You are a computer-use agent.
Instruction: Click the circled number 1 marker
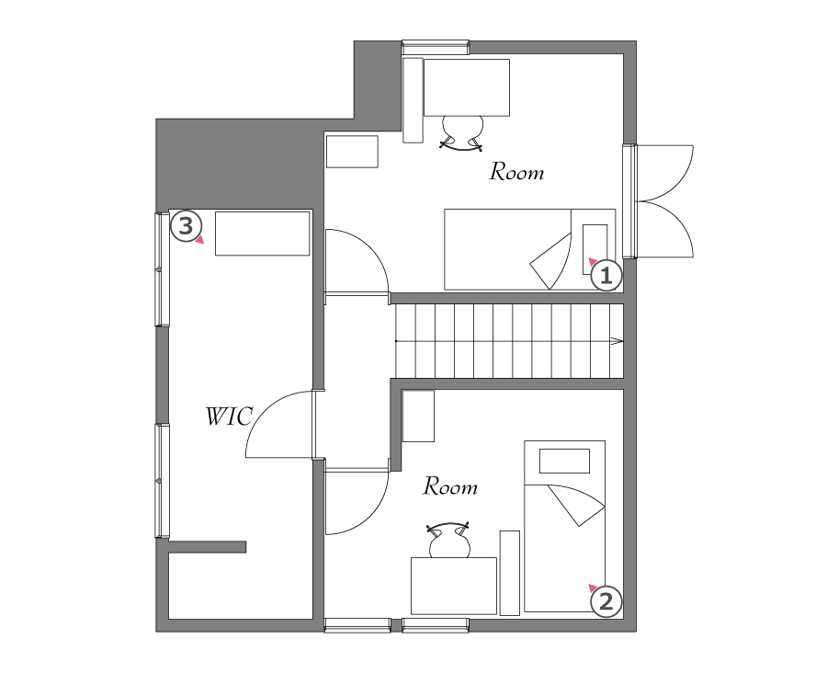[606, 276]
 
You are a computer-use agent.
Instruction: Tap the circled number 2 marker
[606, 601]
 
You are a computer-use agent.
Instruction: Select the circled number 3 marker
[187, 226]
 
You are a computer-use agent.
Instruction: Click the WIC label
[229, 416]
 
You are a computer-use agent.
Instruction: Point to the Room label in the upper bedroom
[516, 172]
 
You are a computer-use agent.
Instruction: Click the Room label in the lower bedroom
[450, 486]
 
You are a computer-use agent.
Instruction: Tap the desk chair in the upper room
[462, 133]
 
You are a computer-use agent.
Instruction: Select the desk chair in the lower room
[448, 540]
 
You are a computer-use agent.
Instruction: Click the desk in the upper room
[467, 87]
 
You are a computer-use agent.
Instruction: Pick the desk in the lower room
[454, 586]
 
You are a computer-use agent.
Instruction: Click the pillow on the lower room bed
[564, 461]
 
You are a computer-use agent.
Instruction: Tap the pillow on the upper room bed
[595, 249]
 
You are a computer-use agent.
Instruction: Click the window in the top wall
[436, 47]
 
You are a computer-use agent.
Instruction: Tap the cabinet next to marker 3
[262, 234]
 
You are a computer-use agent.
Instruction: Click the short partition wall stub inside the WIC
[208, 547]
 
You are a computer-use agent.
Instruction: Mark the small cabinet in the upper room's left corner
[352, 152]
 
